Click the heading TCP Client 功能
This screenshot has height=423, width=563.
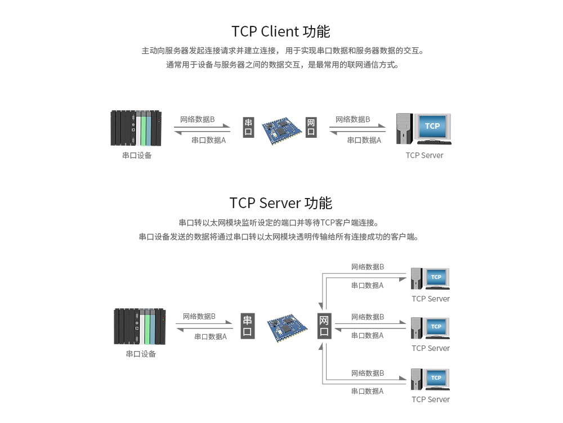[x=280, y=31]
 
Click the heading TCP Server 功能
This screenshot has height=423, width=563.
[x=280, y=202]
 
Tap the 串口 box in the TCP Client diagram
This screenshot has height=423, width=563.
[x=248, y=128]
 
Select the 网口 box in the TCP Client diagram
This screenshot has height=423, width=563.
[x=311, y=128]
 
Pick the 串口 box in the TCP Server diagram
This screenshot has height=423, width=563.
[x=248, y=326]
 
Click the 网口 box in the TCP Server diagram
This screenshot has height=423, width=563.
[x=324, y=326]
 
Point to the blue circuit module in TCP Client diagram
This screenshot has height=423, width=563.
[x=280, y=128]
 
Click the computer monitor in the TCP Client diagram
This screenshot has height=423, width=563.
[x=432, y=127]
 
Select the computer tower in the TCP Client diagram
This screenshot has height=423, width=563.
[x=404, y=129]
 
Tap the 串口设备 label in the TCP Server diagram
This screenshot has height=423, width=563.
[x=141, y=354]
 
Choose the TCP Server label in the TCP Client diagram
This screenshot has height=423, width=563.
[x=425, y=155]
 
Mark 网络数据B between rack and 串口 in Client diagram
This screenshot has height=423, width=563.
[x=197, y=119]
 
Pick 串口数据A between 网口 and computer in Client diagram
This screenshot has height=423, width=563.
[x=364, y=140]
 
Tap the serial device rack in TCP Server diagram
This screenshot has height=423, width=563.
[x=140, y=326]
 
